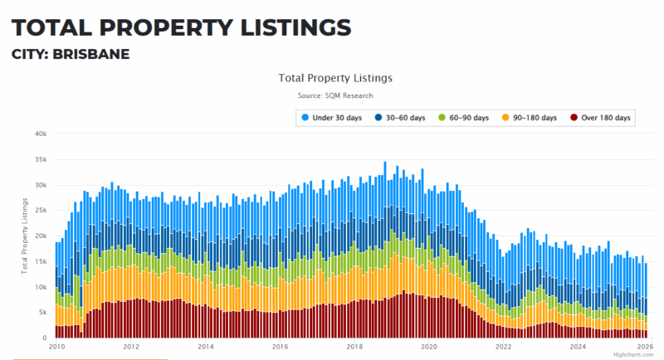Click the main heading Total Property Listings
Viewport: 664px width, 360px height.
(x=181, y=27)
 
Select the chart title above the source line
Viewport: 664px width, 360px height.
(x=336, y=78)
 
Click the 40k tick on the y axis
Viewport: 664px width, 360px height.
(x=40, y=134)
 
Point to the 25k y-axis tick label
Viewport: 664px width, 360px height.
(x=40, y=211)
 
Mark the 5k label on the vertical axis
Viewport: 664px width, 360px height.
(x=41, y=313)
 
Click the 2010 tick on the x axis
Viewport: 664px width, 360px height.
(x=56, y=348)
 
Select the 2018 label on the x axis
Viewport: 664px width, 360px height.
(x=354, y=348)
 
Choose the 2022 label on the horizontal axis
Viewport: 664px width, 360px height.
(x=503, y=348)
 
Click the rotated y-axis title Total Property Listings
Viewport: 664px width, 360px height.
(x=24, y=236)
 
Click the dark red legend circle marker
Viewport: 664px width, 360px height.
(x=573, y=118)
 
